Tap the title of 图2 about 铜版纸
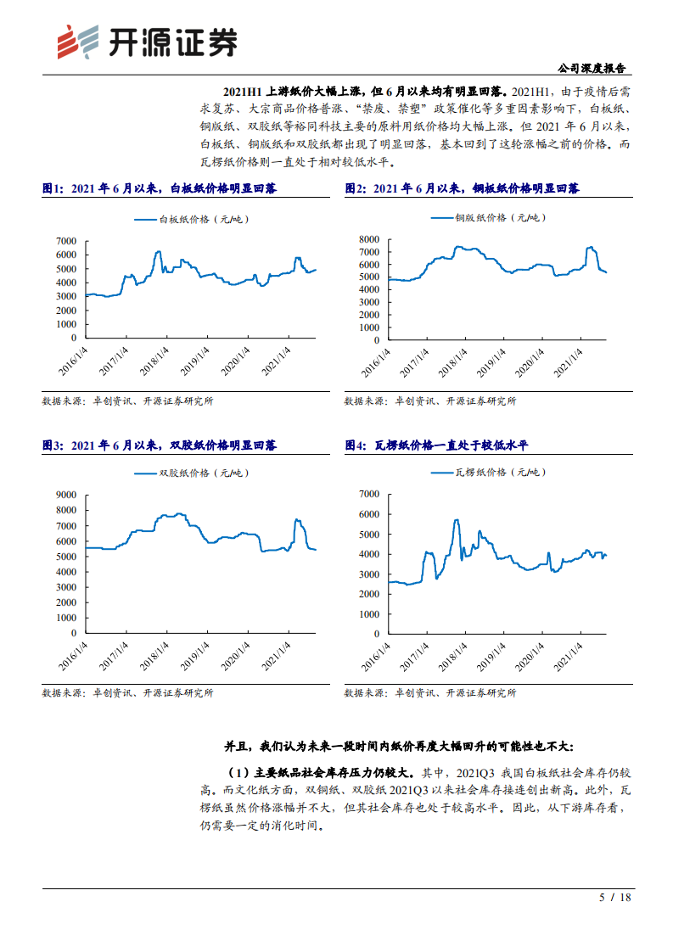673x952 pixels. (463, 188)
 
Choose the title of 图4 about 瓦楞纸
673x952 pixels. (436, 445)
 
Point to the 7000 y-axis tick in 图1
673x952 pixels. (66, 241)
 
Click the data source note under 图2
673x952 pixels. (429, 401)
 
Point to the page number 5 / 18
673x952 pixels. (615, 898)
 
